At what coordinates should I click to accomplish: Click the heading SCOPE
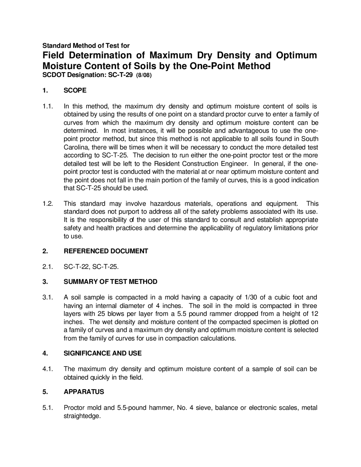pos(75,91)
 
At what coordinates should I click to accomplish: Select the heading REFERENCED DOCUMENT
pos(106,251)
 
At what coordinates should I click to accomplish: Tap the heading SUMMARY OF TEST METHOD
pos(110,282)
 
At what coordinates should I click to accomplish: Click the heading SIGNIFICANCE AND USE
pos(103,353)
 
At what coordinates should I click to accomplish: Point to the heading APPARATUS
pos(84,392)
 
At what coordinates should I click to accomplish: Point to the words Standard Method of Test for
pos(86,45)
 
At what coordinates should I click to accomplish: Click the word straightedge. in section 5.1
pos(82,416)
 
